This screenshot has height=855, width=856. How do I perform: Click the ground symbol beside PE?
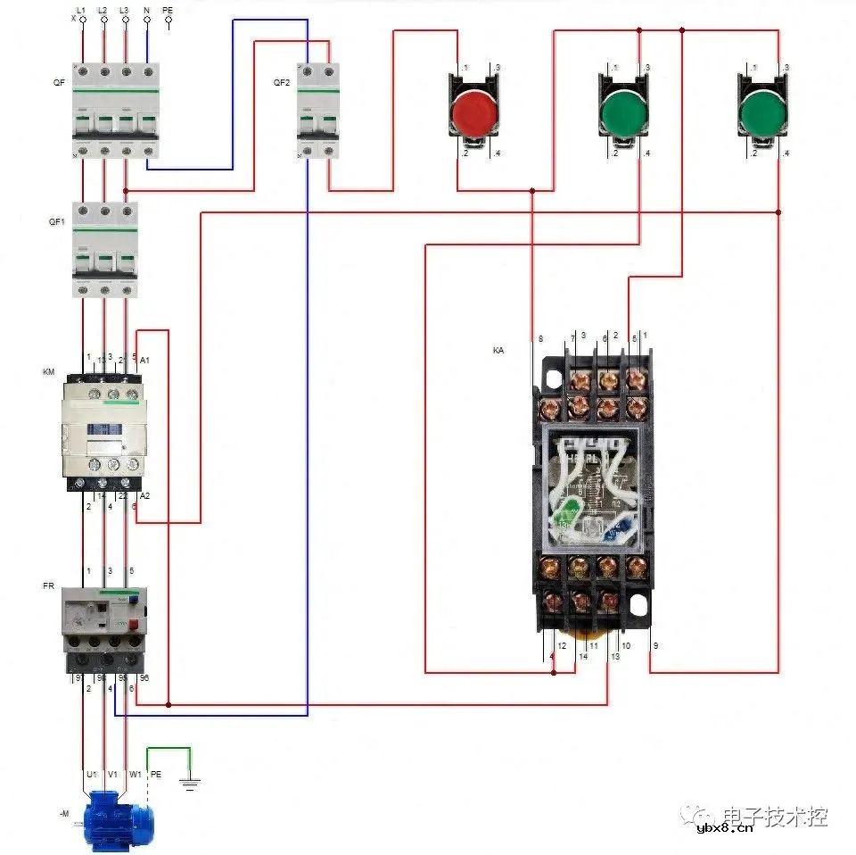189,784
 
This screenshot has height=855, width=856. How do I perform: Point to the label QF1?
56,221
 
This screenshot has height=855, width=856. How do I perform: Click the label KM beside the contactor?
48,370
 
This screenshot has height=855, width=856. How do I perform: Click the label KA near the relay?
498,351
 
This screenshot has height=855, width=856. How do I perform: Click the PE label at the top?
168,10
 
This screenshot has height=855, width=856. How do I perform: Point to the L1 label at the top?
81,10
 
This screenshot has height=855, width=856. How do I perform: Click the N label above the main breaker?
146,10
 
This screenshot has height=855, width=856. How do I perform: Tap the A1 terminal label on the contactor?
145,359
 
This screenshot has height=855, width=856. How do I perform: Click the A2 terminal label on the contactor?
145,495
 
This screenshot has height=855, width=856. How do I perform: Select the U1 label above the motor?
90,774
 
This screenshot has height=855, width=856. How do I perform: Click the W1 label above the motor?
135,774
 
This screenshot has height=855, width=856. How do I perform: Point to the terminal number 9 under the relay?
655,645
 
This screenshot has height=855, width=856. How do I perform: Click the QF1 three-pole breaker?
105,250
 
